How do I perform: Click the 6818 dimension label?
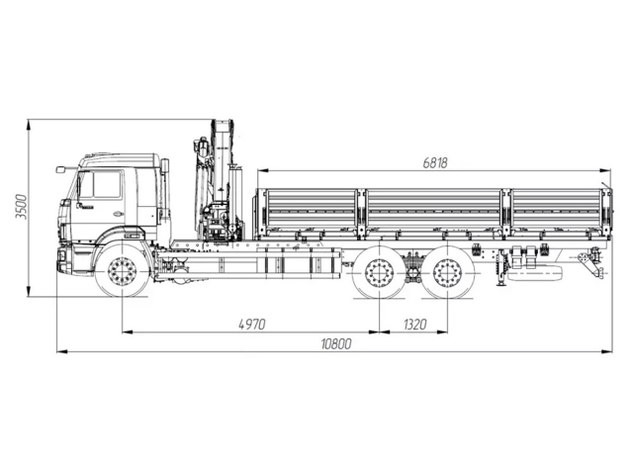(435, 163)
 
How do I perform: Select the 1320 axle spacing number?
(416, 324)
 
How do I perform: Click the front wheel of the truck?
(122, 271)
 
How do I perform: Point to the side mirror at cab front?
(62, 170)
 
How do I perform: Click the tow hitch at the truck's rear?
(590, 264)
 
